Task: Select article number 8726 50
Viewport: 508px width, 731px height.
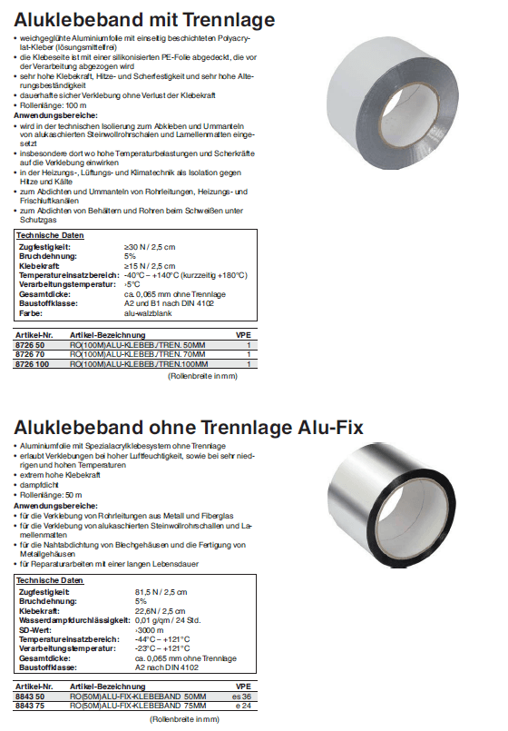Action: (x=33, y=345)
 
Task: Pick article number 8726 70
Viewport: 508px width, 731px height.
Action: (x=33, y=354)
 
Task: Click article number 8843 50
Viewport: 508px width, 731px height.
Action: (x=33, y=696)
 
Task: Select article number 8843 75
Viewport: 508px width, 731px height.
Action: (x=33, y=705)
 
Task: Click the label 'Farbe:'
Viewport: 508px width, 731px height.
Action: (x=31, y=312)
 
